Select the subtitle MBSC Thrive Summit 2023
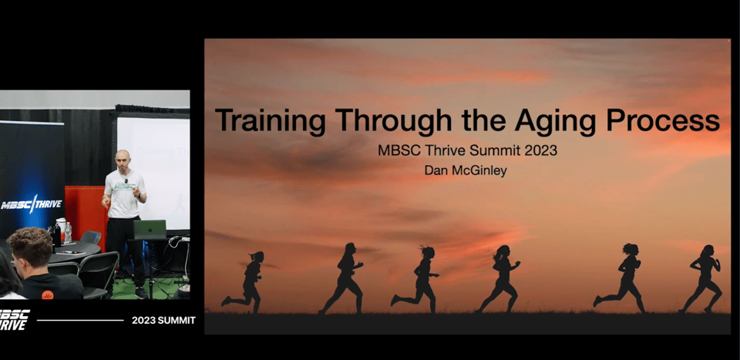pos(467,150)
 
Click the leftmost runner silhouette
pos(244,282)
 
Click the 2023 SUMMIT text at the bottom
pos(163,321)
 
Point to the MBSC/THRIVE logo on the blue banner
pos(31,205)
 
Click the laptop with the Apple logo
pos(150,229)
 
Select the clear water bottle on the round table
pos(68,233)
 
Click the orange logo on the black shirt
pos(47,295)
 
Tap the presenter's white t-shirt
pos(123,193)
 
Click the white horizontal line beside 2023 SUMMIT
pos(80,321)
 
